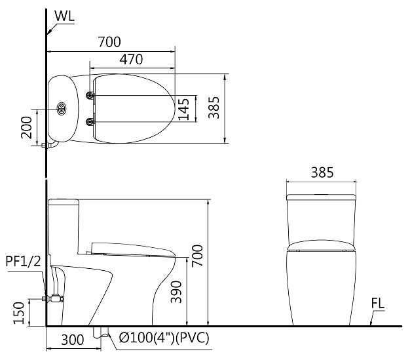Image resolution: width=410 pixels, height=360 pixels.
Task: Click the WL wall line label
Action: pyautogui.click(x=64, y=14)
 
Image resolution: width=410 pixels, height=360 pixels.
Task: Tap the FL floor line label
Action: pyautogui.click(x=377, y=304)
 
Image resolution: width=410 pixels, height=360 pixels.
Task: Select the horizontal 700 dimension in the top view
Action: pyautogui.click(x=109, y=42)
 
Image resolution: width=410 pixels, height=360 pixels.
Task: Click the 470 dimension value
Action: pyautogui.click(x=132, y=59)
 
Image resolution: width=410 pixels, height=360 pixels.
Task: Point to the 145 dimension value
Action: pyautogui.click(x=183, y=109)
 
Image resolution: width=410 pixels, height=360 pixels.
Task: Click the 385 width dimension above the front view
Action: pyautogui.click(x=322, y=172)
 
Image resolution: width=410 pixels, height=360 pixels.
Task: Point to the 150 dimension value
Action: pyautogui.click(x=20, y=313)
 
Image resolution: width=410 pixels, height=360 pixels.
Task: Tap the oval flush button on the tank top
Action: pyautogui.click(x=62, y=108)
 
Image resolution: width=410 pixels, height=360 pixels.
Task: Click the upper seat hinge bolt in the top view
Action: pyautogui.click(x=91, y=96)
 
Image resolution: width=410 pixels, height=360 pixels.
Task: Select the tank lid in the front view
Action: pyautogui.click(x=322, y=195)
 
